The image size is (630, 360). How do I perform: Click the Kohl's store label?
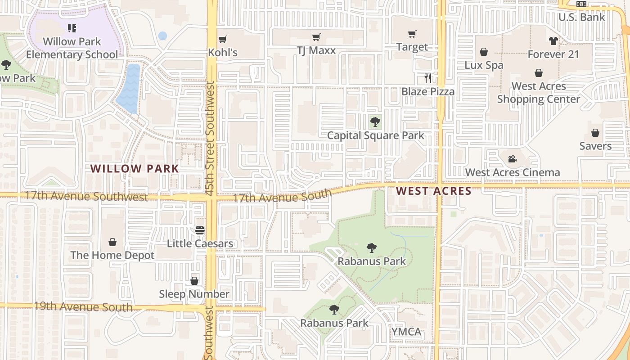[222, 53]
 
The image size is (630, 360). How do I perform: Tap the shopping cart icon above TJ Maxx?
[316, 37]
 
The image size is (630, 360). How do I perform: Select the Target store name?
[412, 47]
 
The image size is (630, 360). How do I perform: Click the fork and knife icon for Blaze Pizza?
[428, 78]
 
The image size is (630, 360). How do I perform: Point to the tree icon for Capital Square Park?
[375, 121]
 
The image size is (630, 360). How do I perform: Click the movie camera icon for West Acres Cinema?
[512, 159]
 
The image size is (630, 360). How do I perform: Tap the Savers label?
[595, 146]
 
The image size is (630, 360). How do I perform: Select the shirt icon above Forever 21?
[553, 41]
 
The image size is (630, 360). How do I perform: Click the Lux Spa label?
[484, 65]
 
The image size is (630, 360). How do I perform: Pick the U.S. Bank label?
[582, 17]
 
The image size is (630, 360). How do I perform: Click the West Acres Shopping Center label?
[539, 93]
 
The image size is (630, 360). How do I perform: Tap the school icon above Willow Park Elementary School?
[72, 28]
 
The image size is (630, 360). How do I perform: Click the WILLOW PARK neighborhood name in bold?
[135, 169]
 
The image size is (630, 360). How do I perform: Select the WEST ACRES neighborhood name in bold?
[434, 191]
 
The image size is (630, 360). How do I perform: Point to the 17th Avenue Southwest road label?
[86, 196]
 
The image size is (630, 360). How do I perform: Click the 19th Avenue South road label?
[83, 306]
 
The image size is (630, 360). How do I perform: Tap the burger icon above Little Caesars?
[200, 230]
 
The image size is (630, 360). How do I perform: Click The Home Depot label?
[112, 255]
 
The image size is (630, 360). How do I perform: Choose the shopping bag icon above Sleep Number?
[194, 281]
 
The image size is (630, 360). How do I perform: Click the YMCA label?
[406, 332]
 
